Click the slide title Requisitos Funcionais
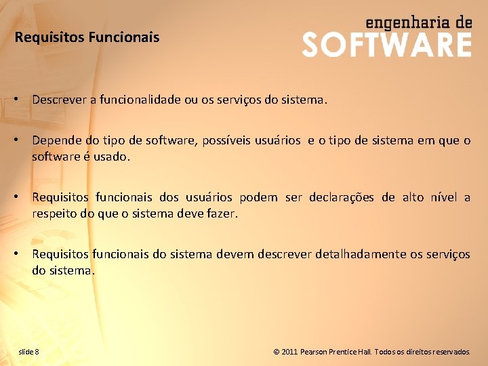(x=87, y=37)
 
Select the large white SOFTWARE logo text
(x=386, y=45)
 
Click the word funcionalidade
(x=140, y=100)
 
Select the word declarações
(x=341, y=197)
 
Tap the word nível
(x=441, y=197)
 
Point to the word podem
(x=258, y=197)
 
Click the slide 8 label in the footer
(x=28, y=351)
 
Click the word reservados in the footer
(x=448, y=352)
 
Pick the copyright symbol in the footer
(x=277, y=352)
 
